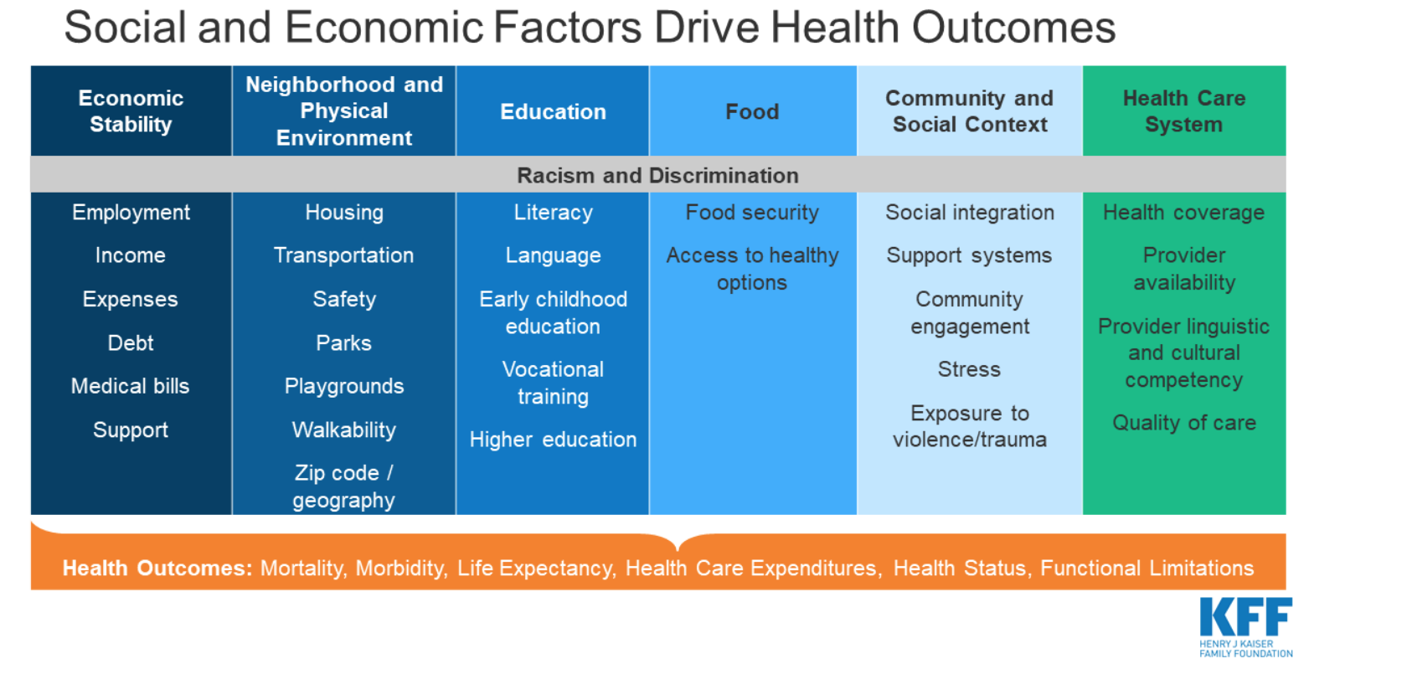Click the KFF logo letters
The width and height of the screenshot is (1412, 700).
[x=1245, y=616]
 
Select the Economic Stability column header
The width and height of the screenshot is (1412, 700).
[x=131, y=111]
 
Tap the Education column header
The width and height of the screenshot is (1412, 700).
[x=553, y=111]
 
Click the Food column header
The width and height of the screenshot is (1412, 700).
[x=752, y=111]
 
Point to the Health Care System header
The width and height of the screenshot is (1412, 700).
[x=1184, y=111]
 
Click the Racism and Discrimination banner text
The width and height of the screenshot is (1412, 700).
[x=657, y=175]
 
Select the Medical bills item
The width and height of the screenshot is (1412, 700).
[x=130, y=386]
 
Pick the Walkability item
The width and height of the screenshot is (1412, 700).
[x=343, y=430]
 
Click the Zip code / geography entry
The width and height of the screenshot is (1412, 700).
[x=343, y=486]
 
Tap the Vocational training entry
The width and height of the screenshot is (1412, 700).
[x=553, y=383]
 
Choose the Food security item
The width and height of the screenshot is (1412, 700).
[x=752, y=213]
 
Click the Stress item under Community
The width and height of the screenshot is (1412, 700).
[x=969, y=368]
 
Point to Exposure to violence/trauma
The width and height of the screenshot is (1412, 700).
[x=970, y=426]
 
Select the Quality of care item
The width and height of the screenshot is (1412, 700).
[x=1184, y=422]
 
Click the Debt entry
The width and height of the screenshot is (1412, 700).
[x=131, y=342]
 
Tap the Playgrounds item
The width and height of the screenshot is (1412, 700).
[x=343, y=386]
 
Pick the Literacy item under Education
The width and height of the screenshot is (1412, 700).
[x=553, y=213]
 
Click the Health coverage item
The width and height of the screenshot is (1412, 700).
[x=1184, y=213]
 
